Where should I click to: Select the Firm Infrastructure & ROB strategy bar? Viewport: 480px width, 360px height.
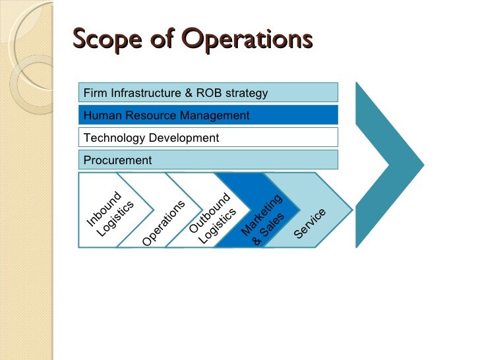coord(208,92)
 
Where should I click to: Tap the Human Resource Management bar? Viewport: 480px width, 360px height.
coord(208,115)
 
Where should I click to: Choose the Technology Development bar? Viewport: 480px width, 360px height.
coord(208,138)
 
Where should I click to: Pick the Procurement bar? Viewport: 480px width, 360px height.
coord(208,160)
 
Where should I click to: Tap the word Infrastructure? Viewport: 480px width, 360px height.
coord(148,93)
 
